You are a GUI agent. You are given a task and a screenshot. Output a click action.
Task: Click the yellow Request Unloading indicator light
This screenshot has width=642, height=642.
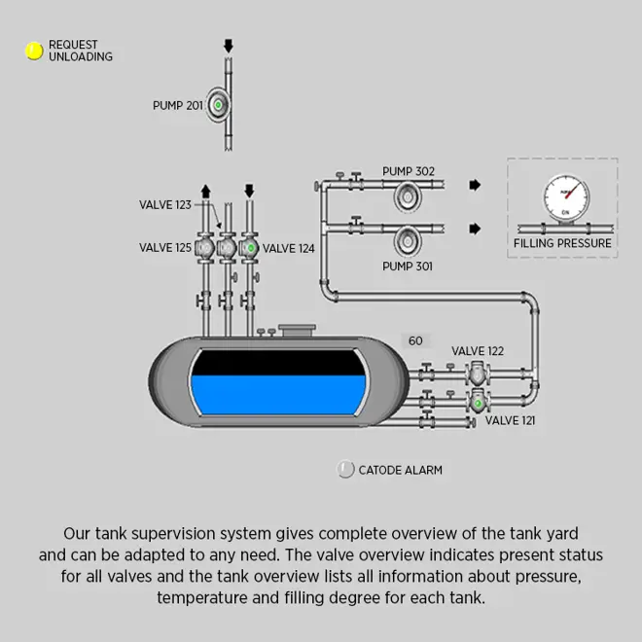pyautogui.click(x=34, y=51)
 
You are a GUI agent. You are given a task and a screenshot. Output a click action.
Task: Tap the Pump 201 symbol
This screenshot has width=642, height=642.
pyautogui.click(x=219, y=104)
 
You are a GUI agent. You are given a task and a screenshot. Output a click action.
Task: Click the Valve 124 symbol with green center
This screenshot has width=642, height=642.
pyautogui.click(x=250, y=248)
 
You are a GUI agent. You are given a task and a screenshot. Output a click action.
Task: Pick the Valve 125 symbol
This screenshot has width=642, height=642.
pyautogui.click(x=204, y=248)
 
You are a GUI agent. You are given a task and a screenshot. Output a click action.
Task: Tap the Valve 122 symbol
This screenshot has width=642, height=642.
pyautogui.click(x=478, y=374)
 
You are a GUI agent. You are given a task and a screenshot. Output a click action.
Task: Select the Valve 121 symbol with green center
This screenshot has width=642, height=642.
pyautogui.click(x=478, y=401)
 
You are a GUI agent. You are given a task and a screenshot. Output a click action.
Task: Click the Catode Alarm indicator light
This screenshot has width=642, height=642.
pyautogui.click(x=345, y=470)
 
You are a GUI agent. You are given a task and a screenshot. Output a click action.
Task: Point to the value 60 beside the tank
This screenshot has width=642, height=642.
pyautogui.click(x=415, y=341)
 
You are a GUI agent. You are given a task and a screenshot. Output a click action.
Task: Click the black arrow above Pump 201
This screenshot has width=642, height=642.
pyautogui.click(x=229, y=45)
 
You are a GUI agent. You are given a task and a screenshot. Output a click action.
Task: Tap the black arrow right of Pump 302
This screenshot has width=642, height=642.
pyautogui.click(x=475, y=185)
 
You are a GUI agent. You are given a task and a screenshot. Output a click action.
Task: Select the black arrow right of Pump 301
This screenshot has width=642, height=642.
pyautogui.click(x=475, y=229)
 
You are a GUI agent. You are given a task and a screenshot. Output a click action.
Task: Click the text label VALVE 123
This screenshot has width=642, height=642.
pyautogui.click(x=164, y=205)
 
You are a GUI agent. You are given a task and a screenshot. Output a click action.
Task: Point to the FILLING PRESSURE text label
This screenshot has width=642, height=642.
pyautogui.click(x=563, y=243)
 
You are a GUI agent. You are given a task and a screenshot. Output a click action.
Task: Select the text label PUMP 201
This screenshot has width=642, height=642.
pyautogui.click(x=177, y=105)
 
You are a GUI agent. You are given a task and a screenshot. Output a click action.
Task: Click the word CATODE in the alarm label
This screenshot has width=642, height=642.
pyautogui.click(x=380, y=470)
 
